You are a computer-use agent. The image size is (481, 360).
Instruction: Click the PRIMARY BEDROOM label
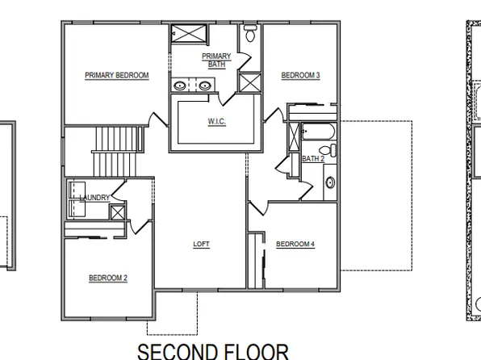coord(117,75)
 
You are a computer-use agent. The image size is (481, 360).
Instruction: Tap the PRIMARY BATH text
coord(217,60)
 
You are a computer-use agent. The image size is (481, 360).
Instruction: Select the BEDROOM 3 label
coord(300,75)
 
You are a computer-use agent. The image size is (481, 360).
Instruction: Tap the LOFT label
coord(201,244)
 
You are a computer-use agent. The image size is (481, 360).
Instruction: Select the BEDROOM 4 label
coord(295,244)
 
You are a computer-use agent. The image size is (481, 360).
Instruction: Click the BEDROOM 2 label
coord(108,278)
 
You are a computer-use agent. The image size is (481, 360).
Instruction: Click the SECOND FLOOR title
coord(212,350)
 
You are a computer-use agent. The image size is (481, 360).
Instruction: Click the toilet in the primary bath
coord(250,35)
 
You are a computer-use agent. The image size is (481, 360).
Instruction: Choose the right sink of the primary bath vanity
coord(206,86)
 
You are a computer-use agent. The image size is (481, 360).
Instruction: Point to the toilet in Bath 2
coord(325,149)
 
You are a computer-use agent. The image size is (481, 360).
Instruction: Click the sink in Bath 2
coord(330,182)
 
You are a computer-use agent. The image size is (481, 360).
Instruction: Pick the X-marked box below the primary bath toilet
coord(250,82)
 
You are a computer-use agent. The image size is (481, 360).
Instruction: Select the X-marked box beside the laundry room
coord(118,212)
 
